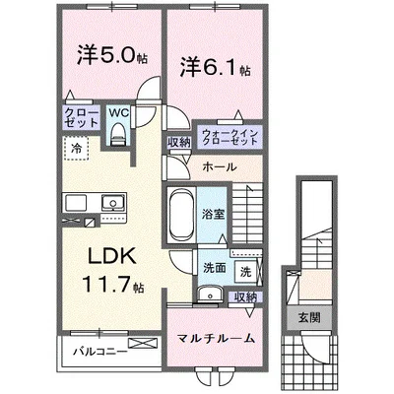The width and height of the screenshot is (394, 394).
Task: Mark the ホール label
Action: (219, 167)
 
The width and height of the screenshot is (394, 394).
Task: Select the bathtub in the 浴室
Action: (181, 212)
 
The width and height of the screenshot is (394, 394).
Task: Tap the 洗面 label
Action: (213, 269)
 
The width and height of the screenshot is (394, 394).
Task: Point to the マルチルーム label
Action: (217, 338)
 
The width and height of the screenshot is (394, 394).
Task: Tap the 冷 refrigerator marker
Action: (76, 148)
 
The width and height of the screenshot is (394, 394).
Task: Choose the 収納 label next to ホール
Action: (178, 143)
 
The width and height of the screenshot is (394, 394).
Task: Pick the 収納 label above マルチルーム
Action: (245, 296)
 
